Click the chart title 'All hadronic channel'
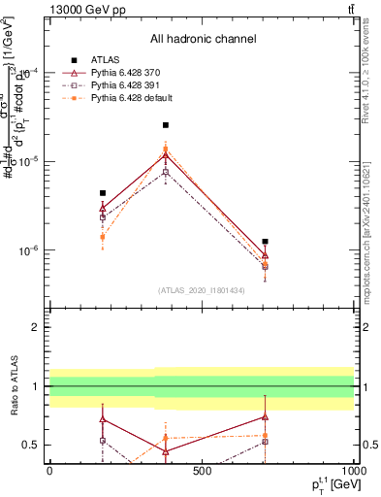point(203,39)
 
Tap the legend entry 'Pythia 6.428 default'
point(126,98)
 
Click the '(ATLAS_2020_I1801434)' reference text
point(203,291)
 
